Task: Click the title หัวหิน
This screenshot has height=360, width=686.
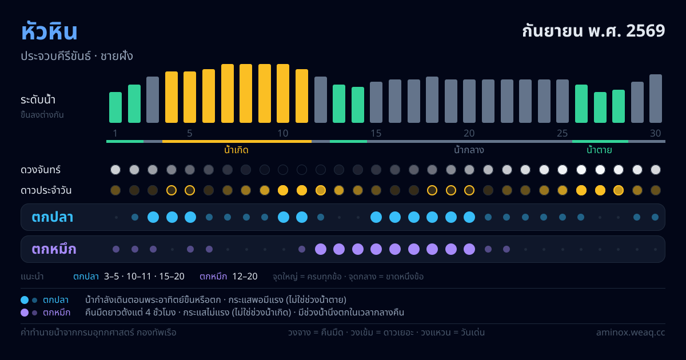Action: point(49,31)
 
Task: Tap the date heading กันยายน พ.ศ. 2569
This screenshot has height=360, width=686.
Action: point(593,31)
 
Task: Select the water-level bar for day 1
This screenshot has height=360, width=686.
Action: point(115,107)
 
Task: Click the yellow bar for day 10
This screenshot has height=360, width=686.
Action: point(283,93)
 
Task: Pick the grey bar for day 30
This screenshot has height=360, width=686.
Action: point(656,98)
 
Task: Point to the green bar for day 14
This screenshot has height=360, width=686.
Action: point(358,105)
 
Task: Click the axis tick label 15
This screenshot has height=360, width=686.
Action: point(376,133)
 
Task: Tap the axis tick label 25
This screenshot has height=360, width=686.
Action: point(563,133)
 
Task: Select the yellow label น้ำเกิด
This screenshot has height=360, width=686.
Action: point(236,150)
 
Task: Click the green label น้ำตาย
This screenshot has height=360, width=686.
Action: point(599,150)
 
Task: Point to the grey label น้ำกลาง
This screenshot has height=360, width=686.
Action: point(469,150)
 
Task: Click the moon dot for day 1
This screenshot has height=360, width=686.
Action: point(115,170)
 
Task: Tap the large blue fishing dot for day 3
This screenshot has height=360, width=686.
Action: point(153,217)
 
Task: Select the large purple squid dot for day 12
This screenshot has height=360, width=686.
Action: point(321,249)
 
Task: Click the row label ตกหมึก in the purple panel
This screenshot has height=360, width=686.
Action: point(54,249)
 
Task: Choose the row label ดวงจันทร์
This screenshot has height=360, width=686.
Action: point(41,170)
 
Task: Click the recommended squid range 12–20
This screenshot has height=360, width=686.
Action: point(245,277)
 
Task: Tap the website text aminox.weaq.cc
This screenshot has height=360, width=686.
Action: point(631,333)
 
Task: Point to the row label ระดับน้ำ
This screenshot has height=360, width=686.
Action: point(38,100)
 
